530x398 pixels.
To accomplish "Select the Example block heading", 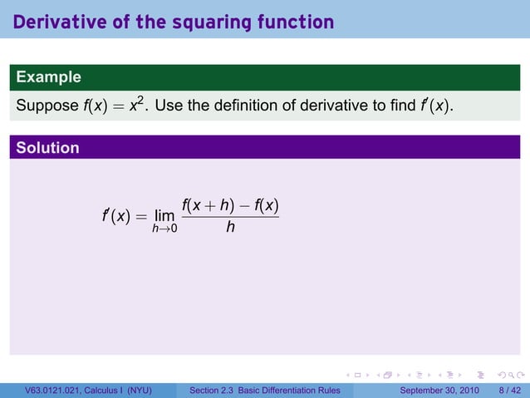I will coord(48,77).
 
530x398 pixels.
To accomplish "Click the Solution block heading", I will coord(48,148).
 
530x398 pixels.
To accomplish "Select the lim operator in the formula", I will coord(164,216).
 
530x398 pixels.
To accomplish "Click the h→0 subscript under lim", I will coord(164,229).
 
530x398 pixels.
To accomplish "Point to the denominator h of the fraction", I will coord(230,225).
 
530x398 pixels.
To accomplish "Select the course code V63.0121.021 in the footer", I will coord(57,391).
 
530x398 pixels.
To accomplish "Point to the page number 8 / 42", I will coord(510,391).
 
